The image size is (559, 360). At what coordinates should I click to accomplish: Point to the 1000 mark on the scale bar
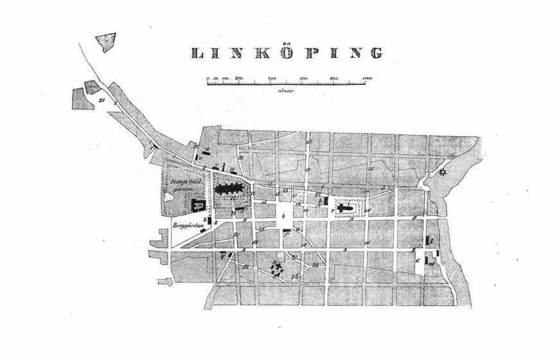[x=367, y=78]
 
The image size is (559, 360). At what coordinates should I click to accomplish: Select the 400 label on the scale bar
[x=272, y=78]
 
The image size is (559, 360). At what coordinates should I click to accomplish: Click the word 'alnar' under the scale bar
[x=286, y=92]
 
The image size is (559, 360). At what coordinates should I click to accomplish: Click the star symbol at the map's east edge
[x=443, y=172]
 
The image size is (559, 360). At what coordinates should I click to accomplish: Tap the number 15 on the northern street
[x=309, y=141]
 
